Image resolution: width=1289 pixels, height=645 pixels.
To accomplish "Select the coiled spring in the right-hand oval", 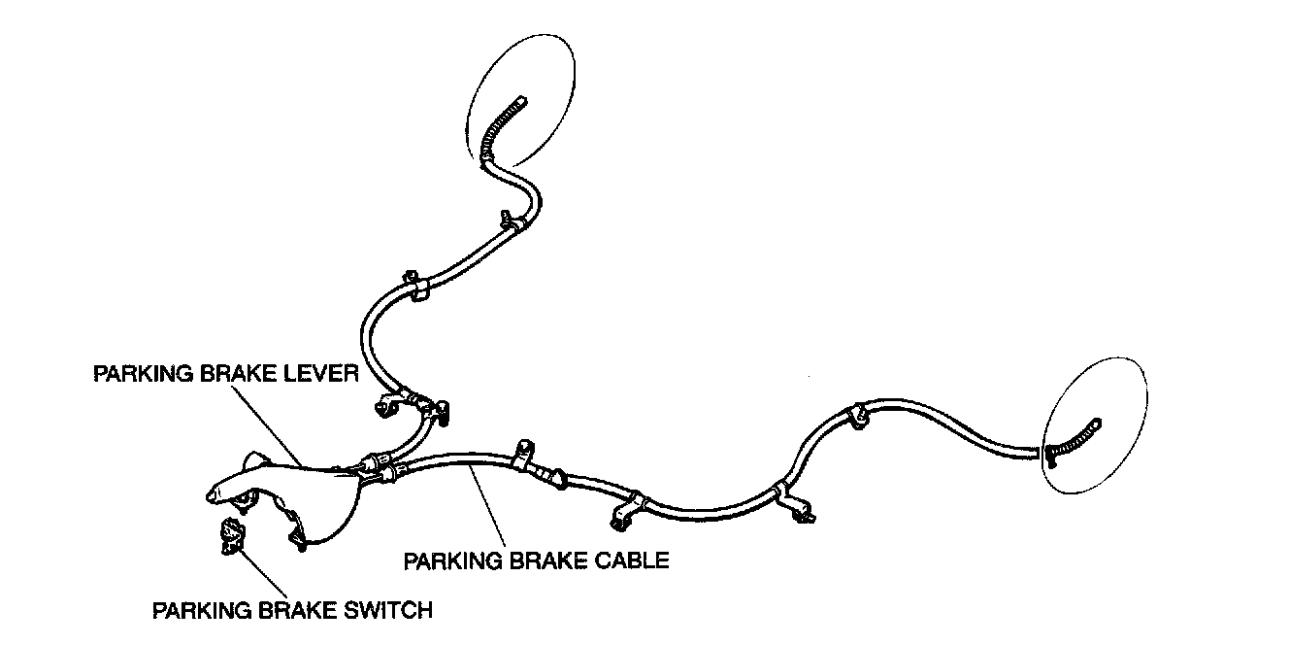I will (1073, 441).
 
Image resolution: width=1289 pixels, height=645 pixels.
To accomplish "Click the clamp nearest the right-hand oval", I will (858, 414).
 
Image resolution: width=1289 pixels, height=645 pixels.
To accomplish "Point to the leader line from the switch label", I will (264, 573).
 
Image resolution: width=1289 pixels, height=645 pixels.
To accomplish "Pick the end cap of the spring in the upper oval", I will (521, 99).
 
